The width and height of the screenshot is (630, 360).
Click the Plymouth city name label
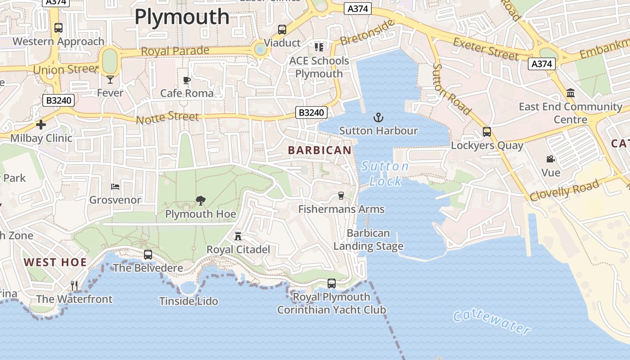pos(182,17)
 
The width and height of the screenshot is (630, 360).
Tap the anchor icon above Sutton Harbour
pos(378,118)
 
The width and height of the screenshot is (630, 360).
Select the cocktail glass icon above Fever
pos(110,80)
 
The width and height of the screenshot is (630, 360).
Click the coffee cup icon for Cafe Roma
pos(187,81)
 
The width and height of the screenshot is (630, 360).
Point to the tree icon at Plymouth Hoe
pos(201,201)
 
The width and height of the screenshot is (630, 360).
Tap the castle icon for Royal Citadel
pos(238,236)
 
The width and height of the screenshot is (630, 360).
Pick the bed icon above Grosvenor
pos(115,186)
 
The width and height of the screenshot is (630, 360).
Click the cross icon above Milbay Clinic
pos(41,125)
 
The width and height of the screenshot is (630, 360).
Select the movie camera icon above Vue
pos(550,159)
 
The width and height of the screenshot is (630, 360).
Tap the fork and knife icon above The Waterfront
pos(74,285)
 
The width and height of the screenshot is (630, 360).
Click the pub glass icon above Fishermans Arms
pos(341,195)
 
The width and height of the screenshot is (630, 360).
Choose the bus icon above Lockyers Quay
pos(487,132)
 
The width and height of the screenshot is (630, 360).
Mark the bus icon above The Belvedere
pos(148,255)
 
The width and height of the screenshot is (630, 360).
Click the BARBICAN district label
pos(319,150)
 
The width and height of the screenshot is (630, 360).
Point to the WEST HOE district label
pos(55,262)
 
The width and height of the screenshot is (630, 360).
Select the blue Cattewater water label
pos(492,322)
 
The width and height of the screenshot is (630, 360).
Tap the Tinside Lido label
pos(189,301)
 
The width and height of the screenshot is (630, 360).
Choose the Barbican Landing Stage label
pos(368,240)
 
